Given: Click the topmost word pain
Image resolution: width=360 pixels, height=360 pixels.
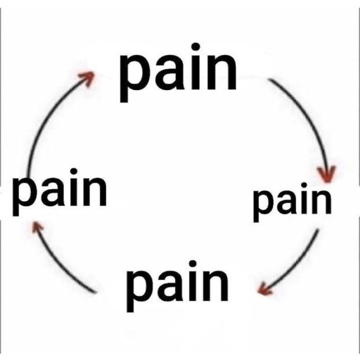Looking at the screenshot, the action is tap(178, 72).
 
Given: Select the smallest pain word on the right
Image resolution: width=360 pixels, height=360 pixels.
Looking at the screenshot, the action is tap(292, 202).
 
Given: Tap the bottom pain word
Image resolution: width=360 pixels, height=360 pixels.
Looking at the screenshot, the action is tap(177, 286).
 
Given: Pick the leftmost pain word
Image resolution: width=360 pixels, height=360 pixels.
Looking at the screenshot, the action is tap(60, 192).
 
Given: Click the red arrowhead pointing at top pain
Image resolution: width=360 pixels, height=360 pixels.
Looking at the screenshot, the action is tap(87, 79).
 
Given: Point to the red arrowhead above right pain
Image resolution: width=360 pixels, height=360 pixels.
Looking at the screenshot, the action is tap(327, 174).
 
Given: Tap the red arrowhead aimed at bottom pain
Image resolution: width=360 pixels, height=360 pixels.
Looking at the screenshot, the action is tap(264, 289).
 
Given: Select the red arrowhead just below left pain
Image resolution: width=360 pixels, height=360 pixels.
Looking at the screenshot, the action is tap(37, 226).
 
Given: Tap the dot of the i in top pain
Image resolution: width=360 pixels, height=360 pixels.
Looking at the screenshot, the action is tap(195, 46).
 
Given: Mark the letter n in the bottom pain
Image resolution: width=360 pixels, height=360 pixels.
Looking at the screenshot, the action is tap(215, 286).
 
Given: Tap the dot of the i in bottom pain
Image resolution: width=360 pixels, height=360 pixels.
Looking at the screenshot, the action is tap(193, 264).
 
